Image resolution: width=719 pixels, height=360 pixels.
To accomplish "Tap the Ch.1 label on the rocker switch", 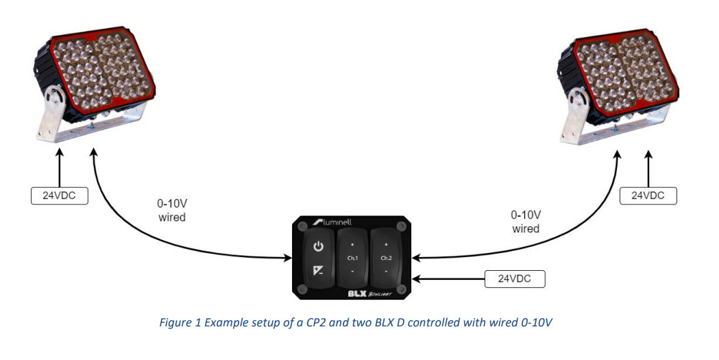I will (x=352, y=259).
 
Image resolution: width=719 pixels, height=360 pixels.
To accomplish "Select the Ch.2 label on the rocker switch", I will (x=386, y=259).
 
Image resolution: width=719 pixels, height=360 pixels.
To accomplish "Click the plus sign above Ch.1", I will (x=352, y=243).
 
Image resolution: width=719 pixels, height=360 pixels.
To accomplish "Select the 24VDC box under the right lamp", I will (x=648, y=195).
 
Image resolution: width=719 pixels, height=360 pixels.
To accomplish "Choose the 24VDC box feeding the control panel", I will (x=513, y=279).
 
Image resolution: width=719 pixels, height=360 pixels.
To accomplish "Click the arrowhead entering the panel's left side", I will (x=286, y=259).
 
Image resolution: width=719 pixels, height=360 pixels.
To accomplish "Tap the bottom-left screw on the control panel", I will (x=302, y=289).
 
